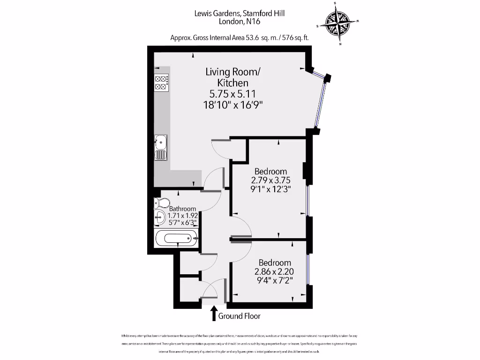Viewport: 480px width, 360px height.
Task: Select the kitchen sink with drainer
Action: tap(160, 147)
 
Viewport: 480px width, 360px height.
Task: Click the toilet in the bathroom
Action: tap(162, 203)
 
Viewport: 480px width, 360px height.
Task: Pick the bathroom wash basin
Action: tap(160, 217)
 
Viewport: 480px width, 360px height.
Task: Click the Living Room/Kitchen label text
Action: tap(232, 77)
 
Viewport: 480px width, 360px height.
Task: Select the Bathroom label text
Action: tap(183, 209)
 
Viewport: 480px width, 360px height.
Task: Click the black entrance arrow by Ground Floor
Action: tap(214, 313)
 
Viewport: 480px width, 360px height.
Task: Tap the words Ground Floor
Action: tap(239, 316)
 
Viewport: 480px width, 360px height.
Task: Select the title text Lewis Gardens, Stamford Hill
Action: tap(240, 14)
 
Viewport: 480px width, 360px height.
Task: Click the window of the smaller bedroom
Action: tap(308, 269)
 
